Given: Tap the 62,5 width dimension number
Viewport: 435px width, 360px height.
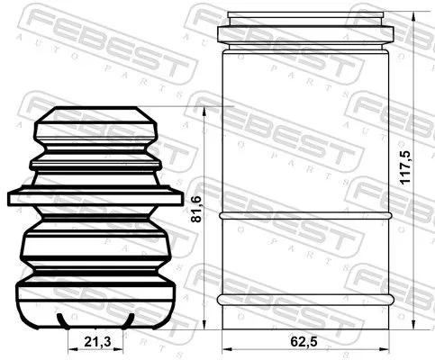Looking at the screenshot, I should [304, 342].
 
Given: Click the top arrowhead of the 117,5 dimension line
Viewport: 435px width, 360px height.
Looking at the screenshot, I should [413, 16].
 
